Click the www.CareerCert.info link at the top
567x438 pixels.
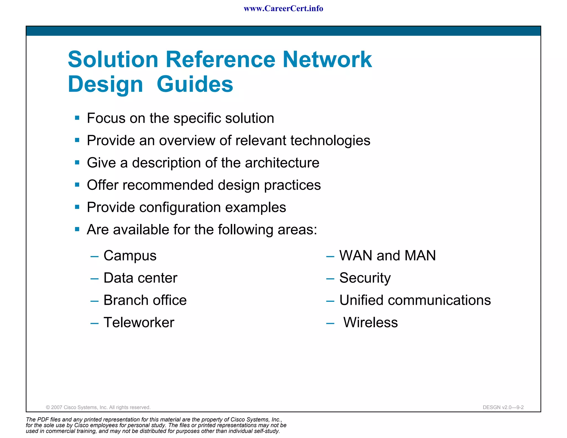283,9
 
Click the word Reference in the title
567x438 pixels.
220,60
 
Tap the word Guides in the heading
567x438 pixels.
195,84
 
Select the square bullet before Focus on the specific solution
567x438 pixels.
77,118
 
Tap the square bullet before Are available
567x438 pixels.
77,229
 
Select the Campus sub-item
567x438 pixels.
130,256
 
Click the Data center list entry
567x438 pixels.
140,278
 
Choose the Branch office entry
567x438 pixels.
145,300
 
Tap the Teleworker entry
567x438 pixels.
139,323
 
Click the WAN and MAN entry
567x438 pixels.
387,256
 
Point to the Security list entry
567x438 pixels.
365,278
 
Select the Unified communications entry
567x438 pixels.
415,300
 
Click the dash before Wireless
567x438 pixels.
330,323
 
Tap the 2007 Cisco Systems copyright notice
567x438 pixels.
98,407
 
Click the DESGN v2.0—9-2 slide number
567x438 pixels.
503,407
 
